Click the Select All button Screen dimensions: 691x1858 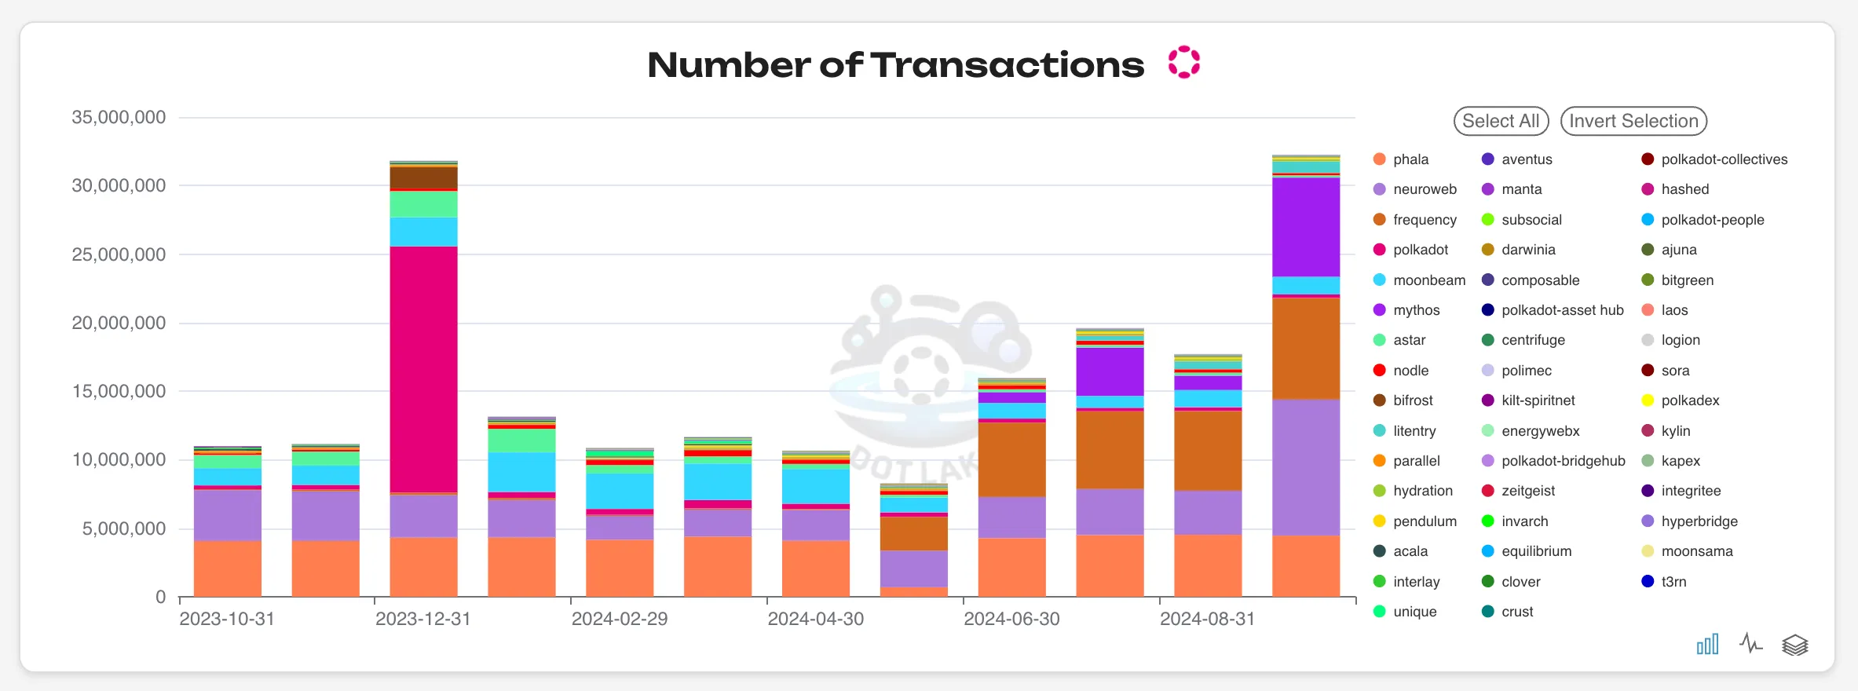1500,121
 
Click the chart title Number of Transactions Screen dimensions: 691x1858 895,64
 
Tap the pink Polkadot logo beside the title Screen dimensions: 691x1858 1183,63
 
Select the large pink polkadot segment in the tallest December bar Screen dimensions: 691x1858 423,369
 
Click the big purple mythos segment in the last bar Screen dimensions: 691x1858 1305,228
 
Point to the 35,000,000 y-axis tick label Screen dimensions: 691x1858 119,118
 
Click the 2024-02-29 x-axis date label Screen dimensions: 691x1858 619,619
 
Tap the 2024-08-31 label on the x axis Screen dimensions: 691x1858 1207,619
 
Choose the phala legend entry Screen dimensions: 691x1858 1410,159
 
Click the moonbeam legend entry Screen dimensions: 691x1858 1428,280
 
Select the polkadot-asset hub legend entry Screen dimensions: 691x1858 1561,310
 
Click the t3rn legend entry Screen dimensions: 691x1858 1673,582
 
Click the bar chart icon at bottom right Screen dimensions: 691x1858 1707,645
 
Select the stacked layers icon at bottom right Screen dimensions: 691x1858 1794,645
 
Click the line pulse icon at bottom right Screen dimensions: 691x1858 1750,645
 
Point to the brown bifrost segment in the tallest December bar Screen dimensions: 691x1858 423,177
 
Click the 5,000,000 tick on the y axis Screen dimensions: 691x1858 124,528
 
